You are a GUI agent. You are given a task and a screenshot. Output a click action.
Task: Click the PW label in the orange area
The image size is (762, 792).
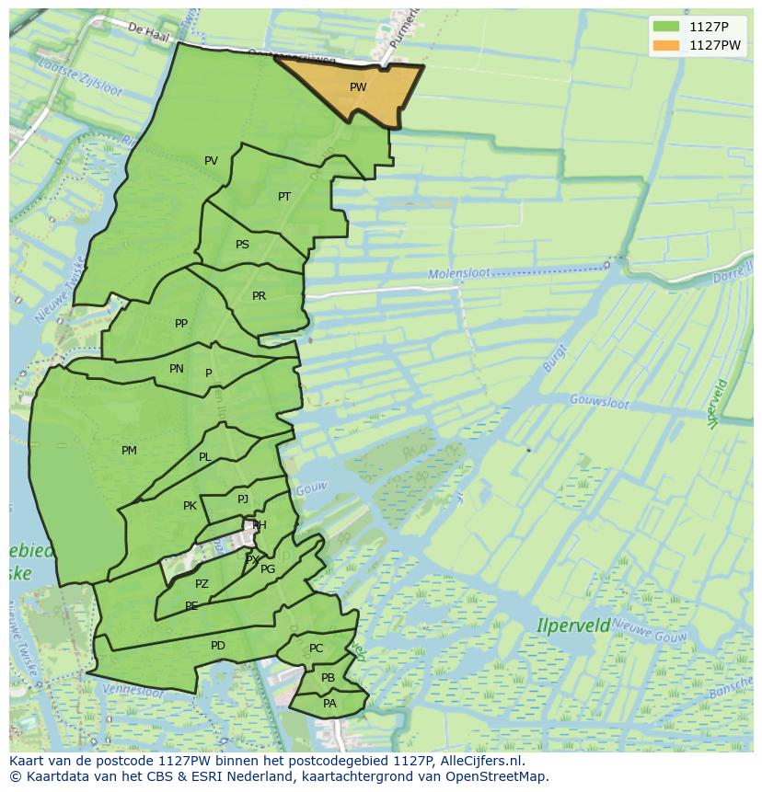[358, 87]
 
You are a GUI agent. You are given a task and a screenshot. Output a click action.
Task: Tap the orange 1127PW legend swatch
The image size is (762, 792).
[666, 45]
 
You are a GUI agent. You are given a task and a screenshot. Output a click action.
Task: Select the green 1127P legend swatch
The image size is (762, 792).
[666, 27]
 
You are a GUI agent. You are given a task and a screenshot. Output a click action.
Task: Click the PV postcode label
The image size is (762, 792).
[212, 161]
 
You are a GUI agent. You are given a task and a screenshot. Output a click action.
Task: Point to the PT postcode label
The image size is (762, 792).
[284, 197]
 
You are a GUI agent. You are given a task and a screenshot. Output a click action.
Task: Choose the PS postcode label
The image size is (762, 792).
[242, 245]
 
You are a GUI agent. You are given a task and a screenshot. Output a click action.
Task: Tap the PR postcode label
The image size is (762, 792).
[259, 296]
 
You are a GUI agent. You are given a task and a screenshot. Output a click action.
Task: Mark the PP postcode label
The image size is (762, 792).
[181, 324]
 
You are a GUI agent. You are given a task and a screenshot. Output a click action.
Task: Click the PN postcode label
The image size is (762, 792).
[177, 369]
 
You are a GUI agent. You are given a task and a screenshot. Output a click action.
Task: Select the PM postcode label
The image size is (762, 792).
[129, 451]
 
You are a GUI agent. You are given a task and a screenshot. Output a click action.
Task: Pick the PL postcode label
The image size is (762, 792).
[204, 457]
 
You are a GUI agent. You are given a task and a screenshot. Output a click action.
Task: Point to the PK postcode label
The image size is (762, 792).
[190, 506]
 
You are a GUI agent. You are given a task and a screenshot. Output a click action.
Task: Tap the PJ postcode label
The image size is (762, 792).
[243, 499]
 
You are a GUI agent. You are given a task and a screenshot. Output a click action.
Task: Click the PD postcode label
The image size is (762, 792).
[218, 646]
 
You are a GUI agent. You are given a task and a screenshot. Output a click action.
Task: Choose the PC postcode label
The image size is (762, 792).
[317, 649]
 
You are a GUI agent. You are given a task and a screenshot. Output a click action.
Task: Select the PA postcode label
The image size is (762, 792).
[329, 704]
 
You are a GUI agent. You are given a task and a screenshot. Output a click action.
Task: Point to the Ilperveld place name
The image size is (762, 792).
[573, 626]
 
